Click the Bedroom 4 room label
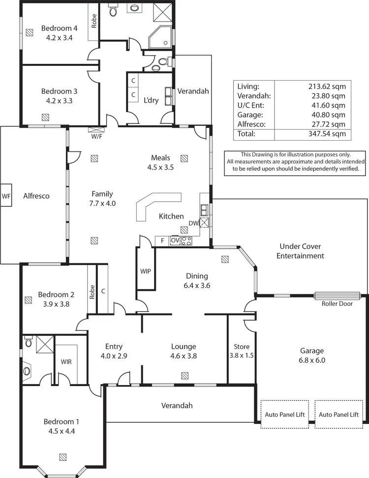click(x=56, y=28)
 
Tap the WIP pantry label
click(x=145, y=271)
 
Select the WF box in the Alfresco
click(x=6, y=196)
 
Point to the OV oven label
click(x=175, y=240)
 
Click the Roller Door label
click(x=337, y=303)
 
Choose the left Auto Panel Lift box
click(x=285, y=415)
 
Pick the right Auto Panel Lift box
click(x=338, y=415)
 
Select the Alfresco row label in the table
click(x=251, y=124)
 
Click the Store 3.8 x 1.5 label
click(x=242, y=350)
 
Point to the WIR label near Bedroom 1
click(x=67, y=361)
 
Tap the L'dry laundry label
click(x=151, y=100)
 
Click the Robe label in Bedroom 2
click(x=92, y=293)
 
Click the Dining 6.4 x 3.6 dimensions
click(x=197, y=285)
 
